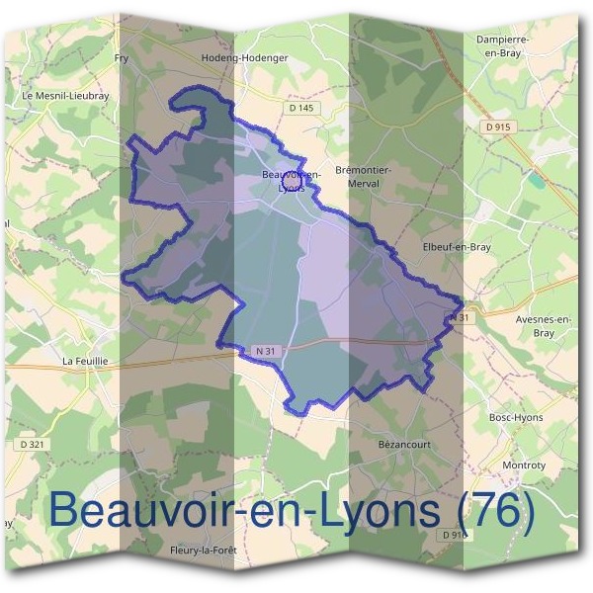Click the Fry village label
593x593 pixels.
tap(123, 58)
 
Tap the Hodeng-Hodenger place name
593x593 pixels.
tap(244, 58)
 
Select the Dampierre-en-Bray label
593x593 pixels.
tap(504, 44)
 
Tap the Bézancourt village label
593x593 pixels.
tap(404, 445)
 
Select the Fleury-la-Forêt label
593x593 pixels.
tap(204, 551)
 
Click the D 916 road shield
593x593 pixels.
tap(454, 535)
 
